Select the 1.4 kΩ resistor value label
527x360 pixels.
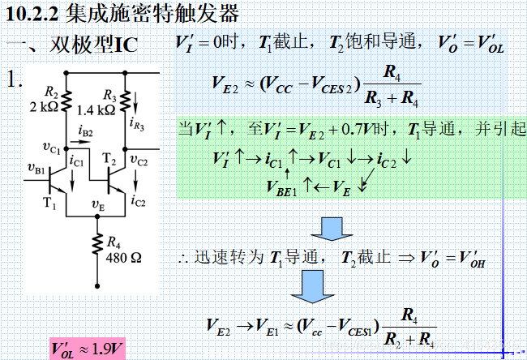click(94, 109)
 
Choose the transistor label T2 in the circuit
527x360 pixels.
click(113, 163)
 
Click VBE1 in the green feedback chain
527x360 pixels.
click(283, 187)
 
